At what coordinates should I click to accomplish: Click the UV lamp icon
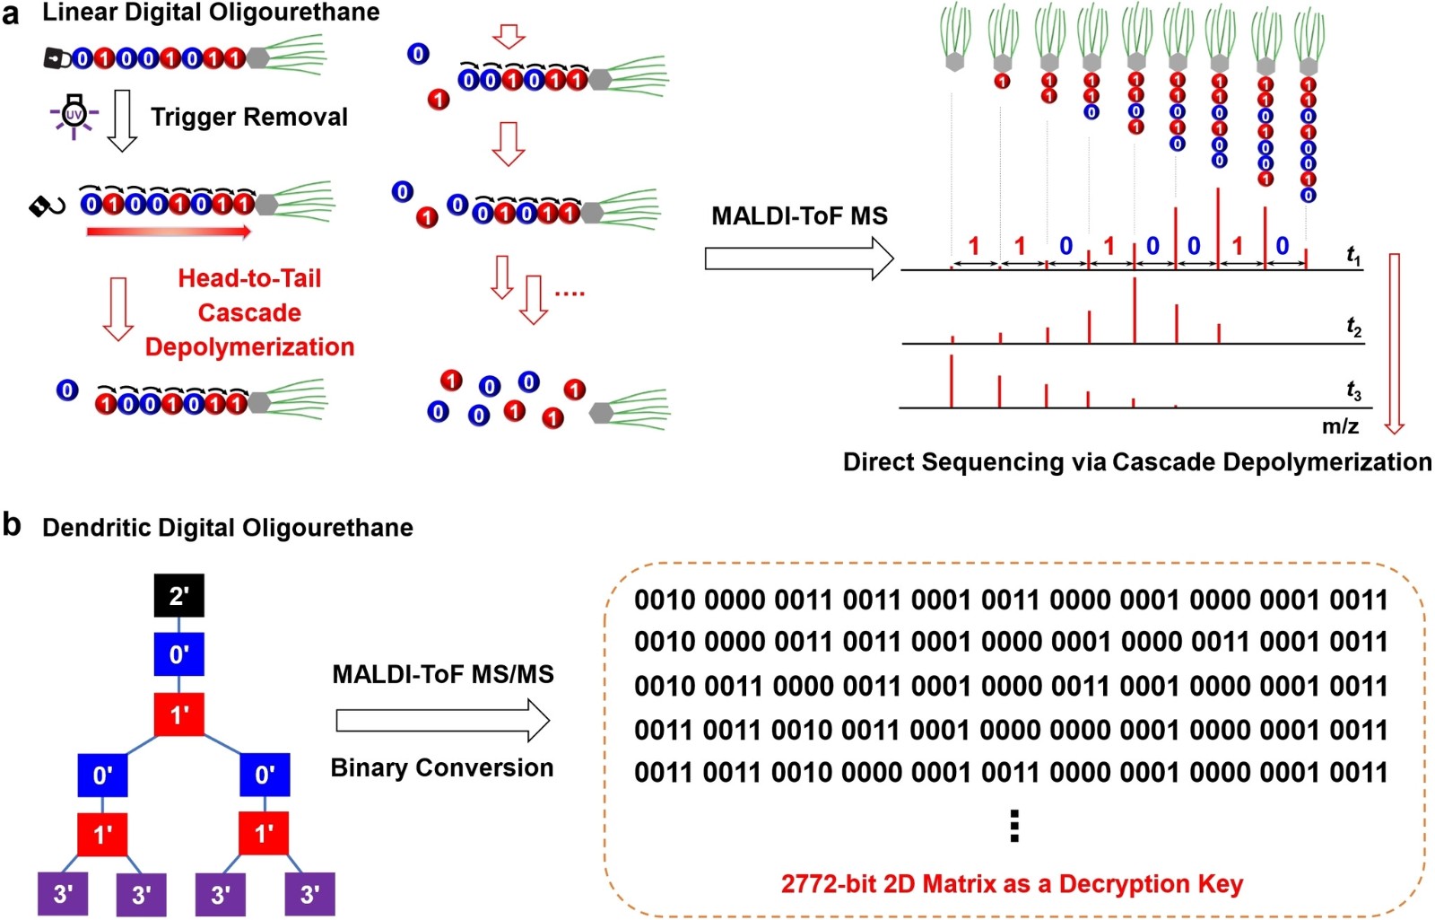click(x=74, y=117)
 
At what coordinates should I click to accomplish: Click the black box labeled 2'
click(x=178, y=596)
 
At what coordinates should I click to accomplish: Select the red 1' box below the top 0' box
click(x=178, y=714)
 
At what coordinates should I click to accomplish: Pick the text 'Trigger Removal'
click(x=249, y=117)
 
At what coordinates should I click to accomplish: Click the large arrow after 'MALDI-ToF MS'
click(x=799, y=258)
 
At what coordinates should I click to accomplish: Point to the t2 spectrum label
click(x=1353, y=328)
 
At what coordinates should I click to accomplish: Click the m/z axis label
click(x=1340, y=425)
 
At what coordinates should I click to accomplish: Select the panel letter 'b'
click(x=12, y=523)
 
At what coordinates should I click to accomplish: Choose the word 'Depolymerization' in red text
click(x=249, y=346)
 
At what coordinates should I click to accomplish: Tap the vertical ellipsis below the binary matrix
click(x=1014, y=826)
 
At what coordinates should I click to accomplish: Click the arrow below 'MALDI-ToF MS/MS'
click(x=443, y=721)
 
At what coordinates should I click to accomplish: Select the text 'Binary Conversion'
click(x=442, y=767)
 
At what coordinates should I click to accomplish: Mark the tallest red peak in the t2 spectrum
click(x=1135, y=311)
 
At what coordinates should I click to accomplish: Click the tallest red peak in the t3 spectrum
click(x=952, y=381)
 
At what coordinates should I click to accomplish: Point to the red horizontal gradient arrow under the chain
click(x=169, y=232)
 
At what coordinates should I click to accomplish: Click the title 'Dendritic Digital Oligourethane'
click(x=228, y=528)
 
